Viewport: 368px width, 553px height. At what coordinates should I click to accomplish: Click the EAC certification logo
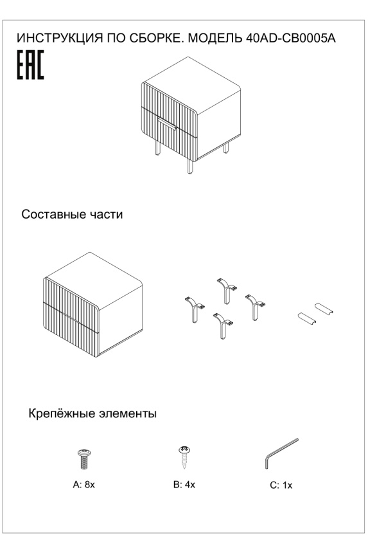pos(30,67)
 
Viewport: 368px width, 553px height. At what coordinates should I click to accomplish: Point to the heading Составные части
pos(72,214)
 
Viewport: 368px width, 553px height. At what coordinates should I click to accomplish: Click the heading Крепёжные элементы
pos(92,413)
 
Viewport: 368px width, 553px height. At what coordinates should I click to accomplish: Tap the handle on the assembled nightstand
pos(167,123)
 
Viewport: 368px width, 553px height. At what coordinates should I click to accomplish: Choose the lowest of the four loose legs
pos(222,326)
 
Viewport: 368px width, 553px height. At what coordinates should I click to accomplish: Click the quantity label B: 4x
pos(184,484)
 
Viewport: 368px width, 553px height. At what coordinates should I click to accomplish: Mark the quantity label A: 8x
pos(83,484)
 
